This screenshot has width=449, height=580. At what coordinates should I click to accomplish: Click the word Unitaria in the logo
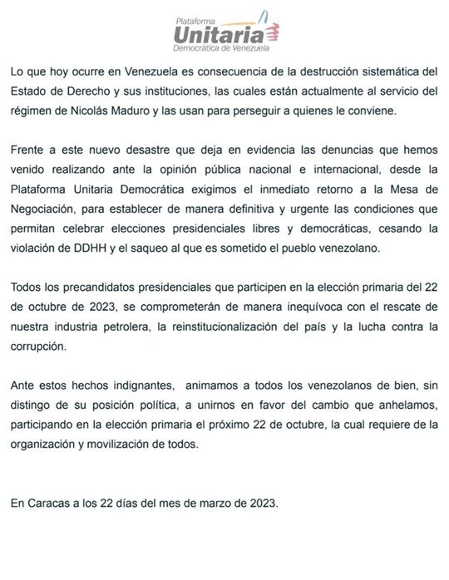coord(220,33)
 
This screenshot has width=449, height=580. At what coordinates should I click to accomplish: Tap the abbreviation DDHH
coord(88,248)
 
